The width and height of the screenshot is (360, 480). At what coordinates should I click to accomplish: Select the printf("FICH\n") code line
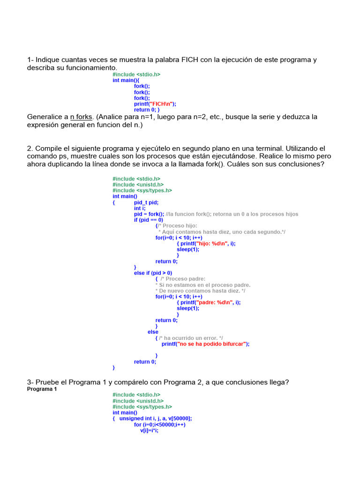coord(155,104)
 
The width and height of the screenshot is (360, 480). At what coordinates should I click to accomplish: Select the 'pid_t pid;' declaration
coord(146,202)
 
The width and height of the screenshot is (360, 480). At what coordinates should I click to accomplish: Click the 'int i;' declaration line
coord(140,208)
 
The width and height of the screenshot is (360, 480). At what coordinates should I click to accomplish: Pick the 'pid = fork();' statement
coord(149,214)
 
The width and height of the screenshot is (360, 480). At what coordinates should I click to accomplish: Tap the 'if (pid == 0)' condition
coord(149,220)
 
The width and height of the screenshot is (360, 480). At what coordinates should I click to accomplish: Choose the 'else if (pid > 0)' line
coord(153,273)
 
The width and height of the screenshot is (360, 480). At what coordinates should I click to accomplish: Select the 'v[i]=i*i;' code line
coord(150,430)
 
